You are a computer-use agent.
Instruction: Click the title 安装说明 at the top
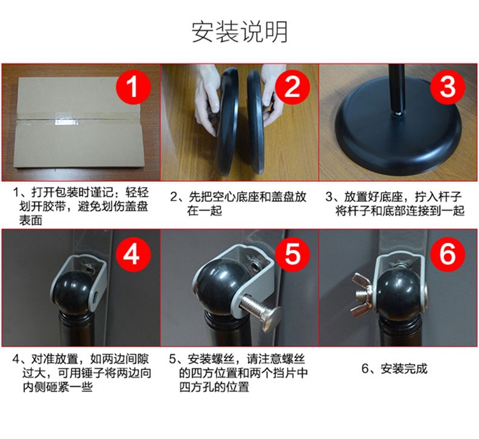[240, 32]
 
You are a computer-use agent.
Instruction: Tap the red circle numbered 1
[133, 86]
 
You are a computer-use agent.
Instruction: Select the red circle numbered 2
[293, 86]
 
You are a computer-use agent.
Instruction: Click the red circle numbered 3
[448, 86]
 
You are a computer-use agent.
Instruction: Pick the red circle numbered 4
[133, 254]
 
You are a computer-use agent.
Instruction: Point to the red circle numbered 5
[293, 254]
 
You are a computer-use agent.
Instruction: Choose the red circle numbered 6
[448, 254]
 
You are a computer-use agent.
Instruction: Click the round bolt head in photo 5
[273, 318]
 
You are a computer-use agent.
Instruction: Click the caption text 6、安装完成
[395, 369]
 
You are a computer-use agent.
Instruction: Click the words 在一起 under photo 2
[204, 211]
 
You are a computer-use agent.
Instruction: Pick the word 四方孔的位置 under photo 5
[214, 387]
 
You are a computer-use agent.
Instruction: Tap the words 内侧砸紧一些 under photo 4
[57, 387]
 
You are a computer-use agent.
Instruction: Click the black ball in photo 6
[399, 292]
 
